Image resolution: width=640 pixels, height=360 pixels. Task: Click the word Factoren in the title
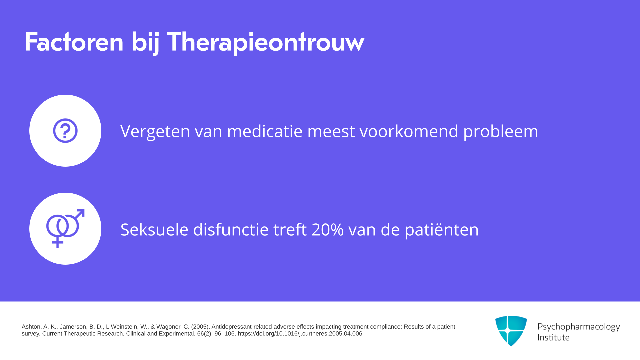click(74, 42)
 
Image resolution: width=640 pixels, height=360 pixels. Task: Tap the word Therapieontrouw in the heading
click(265, 42)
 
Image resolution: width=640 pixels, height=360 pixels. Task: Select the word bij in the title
click(145, 43)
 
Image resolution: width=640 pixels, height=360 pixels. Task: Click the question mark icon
click(65, 131)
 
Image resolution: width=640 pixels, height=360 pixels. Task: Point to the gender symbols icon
click(65, 229)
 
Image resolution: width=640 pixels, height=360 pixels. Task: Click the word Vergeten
click(155, 131)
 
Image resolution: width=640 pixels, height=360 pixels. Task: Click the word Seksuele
click(154, 229)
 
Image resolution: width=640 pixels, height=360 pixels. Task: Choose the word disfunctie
click(231, 229)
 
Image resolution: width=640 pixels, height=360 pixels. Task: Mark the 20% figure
click(327, 230)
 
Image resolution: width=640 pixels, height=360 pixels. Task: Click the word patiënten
click(442, 230)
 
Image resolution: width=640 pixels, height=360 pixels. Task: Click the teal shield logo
click(511, 331)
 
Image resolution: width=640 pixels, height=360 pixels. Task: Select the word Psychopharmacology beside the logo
click(579, 327)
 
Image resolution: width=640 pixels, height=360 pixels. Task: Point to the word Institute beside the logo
click(553, 337)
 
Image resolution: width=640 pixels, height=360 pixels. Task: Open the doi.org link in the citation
click(300, 334)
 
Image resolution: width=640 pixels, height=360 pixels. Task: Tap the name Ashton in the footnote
click(31, 327)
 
